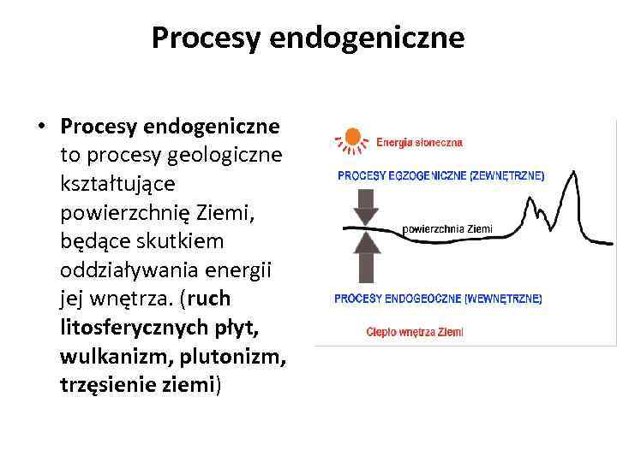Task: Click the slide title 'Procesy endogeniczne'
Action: tap(308, 38)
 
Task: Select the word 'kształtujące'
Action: tap(117, 184)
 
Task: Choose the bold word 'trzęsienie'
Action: tap(108, 385)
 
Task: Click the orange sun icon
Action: tap(352, 139)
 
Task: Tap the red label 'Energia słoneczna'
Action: tap(420, 142)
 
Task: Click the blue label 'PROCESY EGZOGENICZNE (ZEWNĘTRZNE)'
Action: tap(440, 176)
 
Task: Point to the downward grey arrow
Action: tap(367, 204)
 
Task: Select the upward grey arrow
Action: tap(367, 257)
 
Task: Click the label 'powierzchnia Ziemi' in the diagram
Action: tap(447, 228)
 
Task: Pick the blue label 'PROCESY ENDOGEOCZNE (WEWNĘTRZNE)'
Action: tap(437, 299)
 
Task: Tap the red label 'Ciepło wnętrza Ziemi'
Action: tap(414, 331)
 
